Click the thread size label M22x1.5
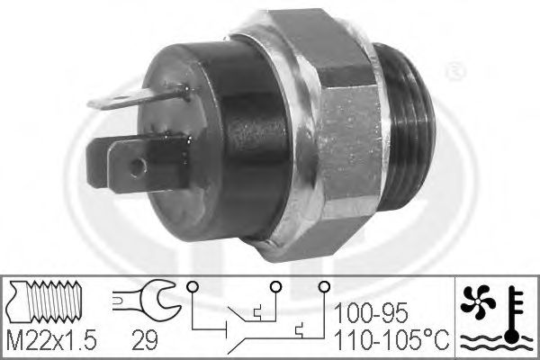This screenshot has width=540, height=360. pos(52,340)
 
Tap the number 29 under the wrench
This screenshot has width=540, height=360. pos(145,340)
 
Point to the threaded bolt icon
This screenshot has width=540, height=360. pos(44,301)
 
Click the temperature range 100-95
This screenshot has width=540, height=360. pos(371,313)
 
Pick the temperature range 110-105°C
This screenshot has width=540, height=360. pos(391,340)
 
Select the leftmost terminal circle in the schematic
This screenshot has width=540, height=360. pos(192,286)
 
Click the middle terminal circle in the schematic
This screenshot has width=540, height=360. pos(275,286)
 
